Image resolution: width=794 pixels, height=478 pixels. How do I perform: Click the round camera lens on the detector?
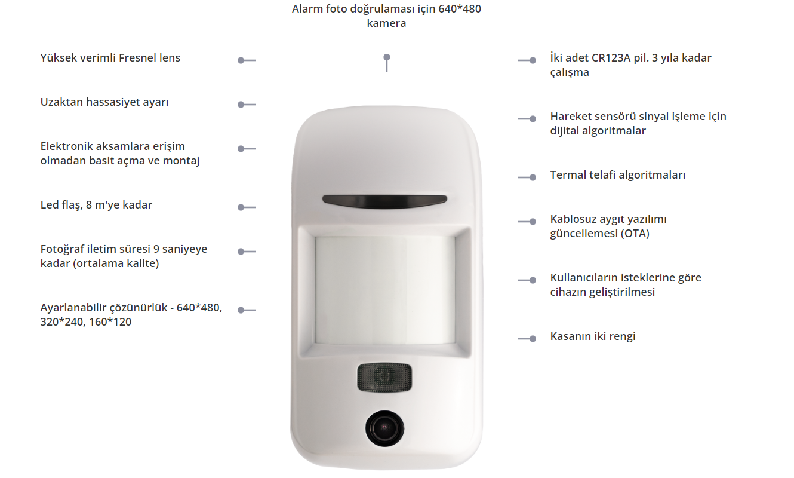(x=384, y=428)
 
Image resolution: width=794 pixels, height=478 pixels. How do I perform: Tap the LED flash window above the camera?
(x=384, y=377)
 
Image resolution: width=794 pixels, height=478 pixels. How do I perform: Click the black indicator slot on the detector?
(x=384, y=201)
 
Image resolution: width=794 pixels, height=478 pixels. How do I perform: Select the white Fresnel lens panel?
(x=385, y=290)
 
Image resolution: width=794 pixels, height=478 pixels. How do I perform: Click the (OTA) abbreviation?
(x=635, y=234)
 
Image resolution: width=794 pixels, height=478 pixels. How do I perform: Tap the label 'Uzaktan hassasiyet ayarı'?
(x=104, y=102)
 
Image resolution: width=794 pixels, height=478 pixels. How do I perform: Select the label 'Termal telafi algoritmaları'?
(x=617, y=175)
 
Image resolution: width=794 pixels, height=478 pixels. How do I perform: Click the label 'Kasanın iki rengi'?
(x=593, y=336)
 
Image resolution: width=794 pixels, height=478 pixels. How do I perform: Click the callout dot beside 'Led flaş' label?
(x=241, y=207)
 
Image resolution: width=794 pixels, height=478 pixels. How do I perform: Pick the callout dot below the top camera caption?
(x=387, y=57)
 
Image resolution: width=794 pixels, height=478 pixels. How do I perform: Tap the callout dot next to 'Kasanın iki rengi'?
(x=533, y=339)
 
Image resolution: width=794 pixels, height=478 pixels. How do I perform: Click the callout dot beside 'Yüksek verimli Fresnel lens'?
(x=241, y=60)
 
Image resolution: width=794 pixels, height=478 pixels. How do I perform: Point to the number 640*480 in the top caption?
(x=460, y=9)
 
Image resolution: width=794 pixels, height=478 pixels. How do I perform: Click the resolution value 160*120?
(x=110, y=322)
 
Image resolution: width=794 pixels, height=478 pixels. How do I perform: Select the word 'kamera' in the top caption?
(x=386, y=23)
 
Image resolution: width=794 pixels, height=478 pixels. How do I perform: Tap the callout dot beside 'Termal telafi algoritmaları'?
(x=533, y=177)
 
